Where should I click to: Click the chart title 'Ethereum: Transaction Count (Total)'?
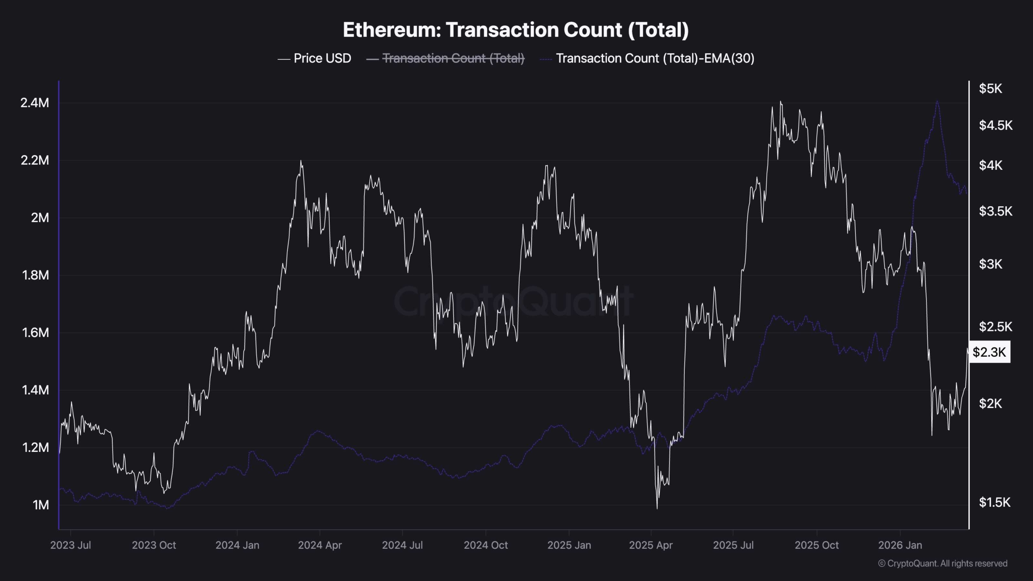pyautogui.click(x=516, y=30)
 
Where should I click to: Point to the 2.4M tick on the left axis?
pyautogui.click(x=35, y=103)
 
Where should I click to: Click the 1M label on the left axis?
pyautogui.click(x=40, y=505)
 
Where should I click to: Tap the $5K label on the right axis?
pyautogui.click(x=990, y=89)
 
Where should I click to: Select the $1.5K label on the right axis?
pyautogui.click(x=994, y=502)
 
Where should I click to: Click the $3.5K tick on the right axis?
pyautogui.click(x=995, y=211)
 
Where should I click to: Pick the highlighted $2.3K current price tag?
pyautogui.click(x=989, y=352)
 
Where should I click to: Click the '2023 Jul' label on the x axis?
pyautogui.click(x=71, y=545)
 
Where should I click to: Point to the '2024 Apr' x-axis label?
pyautogui.click(x=320, y=545)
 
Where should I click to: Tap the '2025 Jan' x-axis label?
pyautogui.click(x=569, y=545)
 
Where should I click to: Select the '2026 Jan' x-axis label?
pyautogui.click(x=900, y=545)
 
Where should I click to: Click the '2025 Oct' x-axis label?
pyautogui.click(x=816, y=545)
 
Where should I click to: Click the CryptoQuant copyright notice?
pyautogui.click(x=943, y=563)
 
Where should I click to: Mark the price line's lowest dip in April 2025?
pyautogui.click(x=657, y=508)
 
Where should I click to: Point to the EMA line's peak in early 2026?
pyautogui.click(x=937, y=102)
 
